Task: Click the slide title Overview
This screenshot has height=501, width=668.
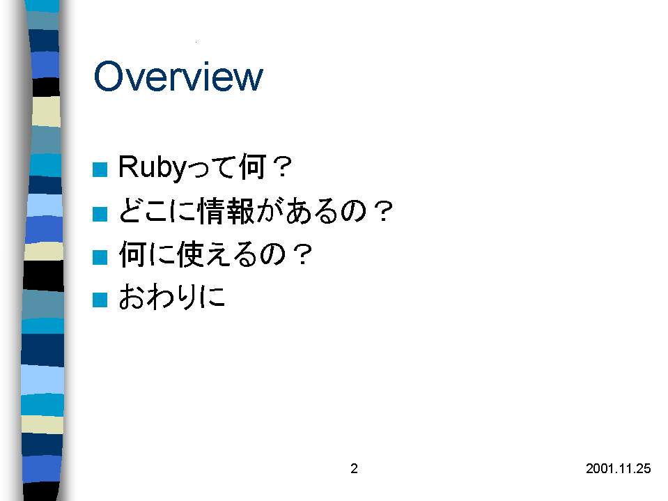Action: pyautogui.click(x=178, y=76)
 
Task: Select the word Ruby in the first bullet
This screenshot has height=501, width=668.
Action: pyautogui.click(x=153, y=167)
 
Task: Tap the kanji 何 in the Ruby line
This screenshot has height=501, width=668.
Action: pyautogui.click(x=253, y=167)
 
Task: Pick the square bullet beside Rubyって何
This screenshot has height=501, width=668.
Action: pyautogui.click(x=100, y=169)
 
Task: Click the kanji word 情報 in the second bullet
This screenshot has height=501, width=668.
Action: pyautogui.click(x=226, y=210)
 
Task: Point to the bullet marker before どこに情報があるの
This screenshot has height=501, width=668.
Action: pyautogui.click(x=100, y=214)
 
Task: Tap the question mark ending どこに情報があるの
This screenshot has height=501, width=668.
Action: pyautogui.click(x=383, y=211)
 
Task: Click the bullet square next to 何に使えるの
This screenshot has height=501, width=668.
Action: pyautogui.click(x=100, y=257)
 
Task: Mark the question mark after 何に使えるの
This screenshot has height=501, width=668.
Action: pyautogui.click(x=303, y=254)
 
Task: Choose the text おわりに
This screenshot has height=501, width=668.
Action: pyautogui.click(x=171, y=297)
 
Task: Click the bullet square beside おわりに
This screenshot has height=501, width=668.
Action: pyautogui.click(x=100, y=300)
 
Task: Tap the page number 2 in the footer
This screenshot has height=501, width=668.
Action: pyautogui.click(x=354, y=469)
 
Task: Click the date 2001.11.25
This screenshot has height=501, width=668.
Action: pyautogui.click(x=618, y=469)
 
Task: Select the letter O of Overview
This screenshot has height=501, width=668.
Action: pyautogui.click(x=108, y=76)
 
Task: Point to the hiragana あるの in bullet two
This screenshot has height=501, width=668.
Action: pyautogui.click(x=326, y=211)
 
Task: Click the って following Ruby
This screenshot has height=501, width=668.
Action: pyautogui.click(x=212, y=167)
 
